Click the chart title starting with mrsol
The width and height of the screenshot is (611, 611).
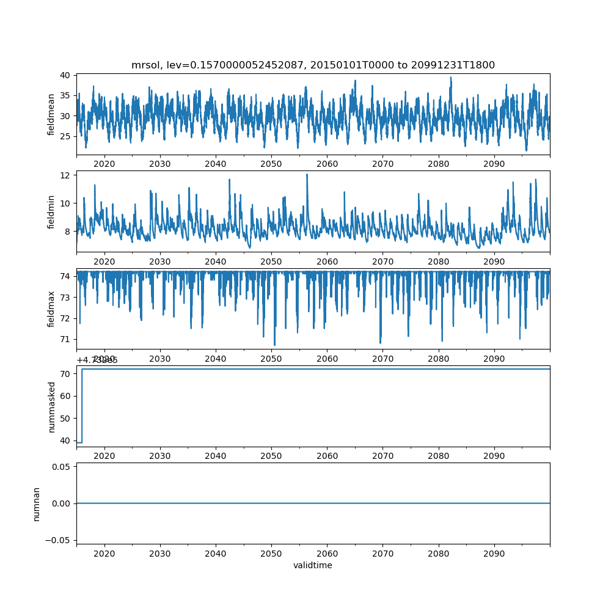pos(313,65)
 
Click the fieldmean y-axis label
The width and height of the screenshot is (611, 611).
pos(52,114)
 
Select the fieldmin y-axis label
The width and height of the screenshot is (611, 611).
pos(52,211)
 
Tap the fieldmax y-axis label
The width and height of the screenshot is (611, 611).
pos(52,309)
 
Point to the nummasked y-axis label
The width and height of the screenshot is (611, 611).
pos(52,406)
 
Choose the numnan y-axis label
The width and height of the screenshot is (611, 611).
pos(37,503)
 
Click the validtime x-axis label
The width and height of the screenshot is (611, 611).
pos(313,565)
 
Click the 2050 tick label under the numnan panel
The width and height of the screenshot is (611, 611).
pos(271,554)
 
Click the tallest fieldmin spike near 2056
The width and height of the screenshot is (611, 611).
pos(307,174)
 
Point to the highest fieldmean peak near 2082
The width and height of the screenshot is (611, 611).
pos(451,77)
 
